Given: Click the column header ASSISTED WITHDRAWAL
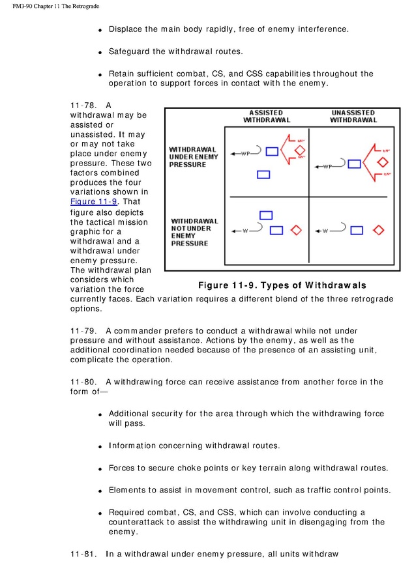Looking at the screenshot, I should (267, 117).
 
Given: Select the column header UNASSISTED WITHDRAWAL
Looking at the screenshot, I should (353, 117).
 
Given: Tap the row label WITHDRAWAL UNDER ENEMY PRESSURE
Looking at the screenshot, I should (192, 157).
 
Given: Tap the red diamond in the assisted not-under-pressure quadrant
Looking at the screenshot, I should (296, 230).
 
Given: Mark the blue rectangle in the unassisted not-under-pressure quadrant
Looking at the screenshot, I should (356, 230).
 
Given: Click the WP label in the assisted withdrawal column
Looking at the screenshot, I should (245, 154).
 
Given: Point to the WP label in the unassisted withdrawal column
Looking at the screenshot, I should (327, 167).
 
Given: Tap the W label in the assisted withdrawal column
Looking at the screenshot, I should (245, 231).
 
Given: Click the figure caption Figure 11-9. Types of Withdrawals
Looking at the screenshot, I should (282, 285).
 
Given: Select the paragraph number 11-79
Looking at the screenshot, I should (83, 331).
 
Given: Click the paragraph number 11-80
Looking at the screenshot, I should (83, 382).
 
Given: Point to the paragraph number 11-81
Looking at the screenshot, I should (83, 554).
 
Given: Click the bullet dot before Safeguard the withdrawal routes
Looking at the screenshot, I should (100, 52).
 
